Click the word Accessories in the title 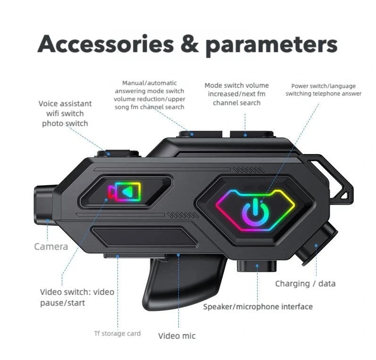pyautogui.click(x=106, y=44)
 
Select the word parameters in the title pyautogui.click(x=271, y=45)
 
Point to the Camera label pyautogui.click(x=51, y=246)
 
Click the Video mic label pyautogui.click(x=176, y=335)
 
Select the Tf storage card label pyautogui.click(x=117, y=334)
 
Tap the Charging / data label pyautogui.click(x=305, y=284)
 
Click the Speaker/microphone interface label pyautogui.click(x=258, y=307)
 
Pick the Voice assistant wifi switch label pyautogui.click(x=65, y=114)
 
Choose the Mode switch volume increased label pyautogui.click(x=236, y=94)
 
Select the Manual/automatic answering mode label pyautogui.click(x=149, y=95)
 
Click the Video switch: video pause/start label pyautogui.click(x=77, y=297)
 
